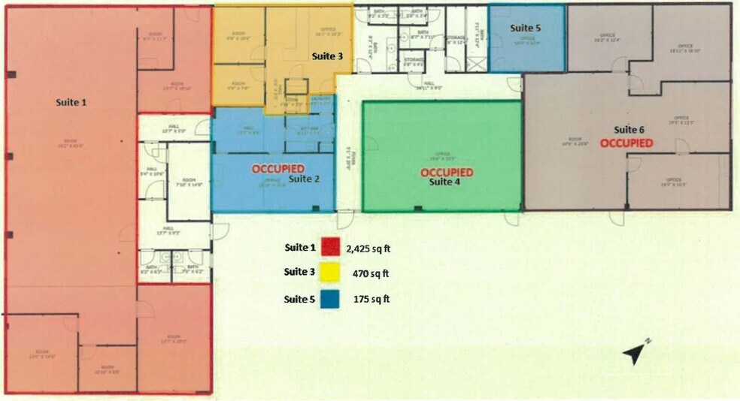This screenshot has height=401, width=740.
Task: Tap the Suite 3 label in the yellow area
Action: coord(328,56)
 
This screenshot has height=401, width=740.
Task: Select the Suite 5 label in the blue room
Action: coord(526,28)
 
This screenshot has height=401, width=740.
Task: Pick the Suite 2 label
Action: coord(305,179)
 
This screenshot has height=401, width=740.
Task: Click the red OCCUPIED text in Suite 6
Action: coord(626,142)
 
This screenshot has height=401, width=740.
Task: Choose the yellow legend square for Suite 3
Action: coord(329,273)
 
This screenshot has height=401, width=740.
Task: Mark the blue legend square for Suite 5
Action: coord(329,298)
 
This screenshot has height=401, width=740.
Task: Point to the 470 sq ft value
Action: coord(370,273)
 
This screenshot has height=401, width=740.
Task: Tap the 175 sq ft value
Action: coord(372,299)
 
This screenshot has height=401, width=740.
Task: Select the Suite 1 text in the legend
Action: coord(299,247)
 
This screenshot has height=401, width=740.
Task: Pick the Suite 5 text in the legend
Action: coord(299,298)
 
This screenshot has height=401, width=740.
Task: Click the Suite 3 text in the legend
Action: coord(299,273)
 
